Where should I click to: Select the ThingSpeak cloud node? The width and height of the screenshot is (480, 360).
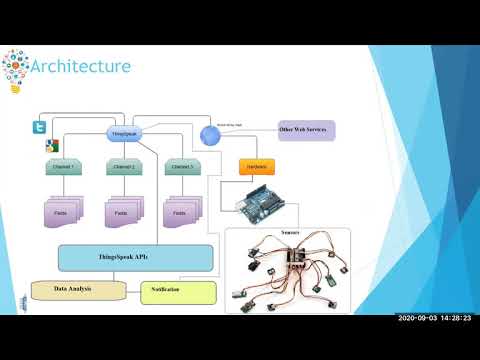121,134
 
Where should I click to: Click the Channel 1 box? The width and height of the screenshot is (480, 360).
63,167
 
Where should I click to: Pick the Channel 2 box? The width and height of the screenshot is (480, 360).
124,167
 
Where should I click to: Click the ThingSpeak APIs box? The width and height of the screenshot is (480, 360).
136,258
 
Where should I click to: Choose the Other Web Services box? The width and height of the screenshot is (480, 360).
306,130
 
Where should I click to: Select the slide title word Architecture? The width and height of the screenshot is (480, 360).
81,67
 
